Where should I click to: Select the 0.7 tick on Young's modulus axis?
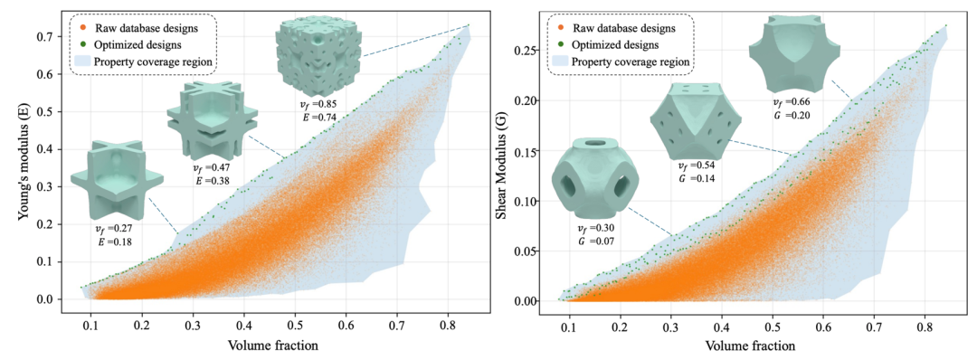coord(45,37)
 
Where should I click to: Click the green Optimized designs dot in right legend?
coord(560,45)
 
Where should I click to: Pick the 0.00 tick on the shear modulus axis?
coord(527,301)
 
